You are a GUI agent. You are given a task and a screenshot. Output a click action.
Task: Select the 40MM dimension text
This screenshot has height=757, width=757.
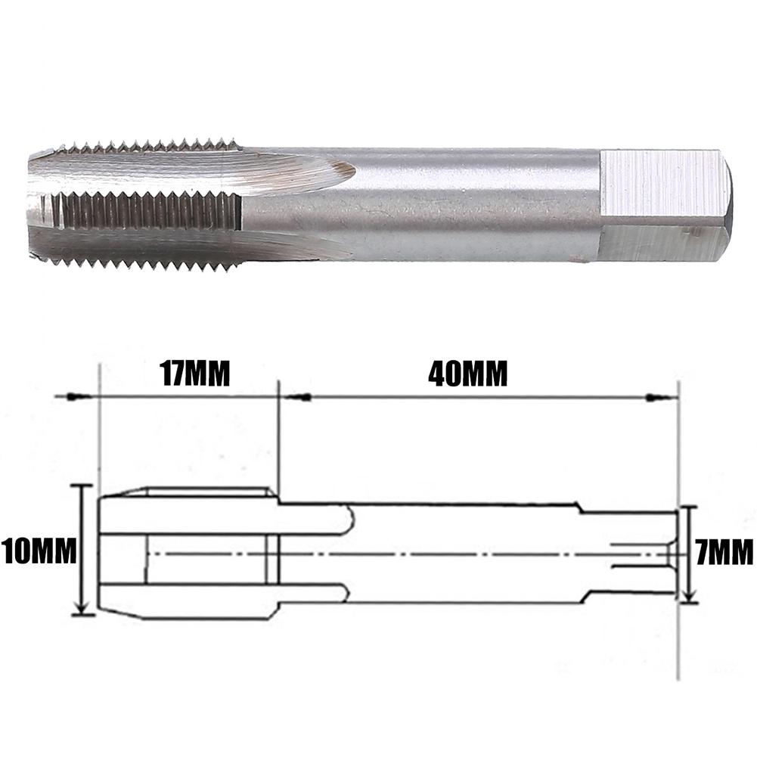(x=467, y=374)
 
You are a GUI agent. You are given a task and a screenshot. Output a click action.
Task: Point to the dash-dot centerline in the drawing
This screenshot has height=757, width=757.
(x=454, y=554)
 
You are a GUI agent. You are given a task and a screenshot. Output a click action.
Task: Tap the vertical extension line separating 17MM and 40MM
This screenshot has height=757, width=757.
(x=279, y=439)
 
